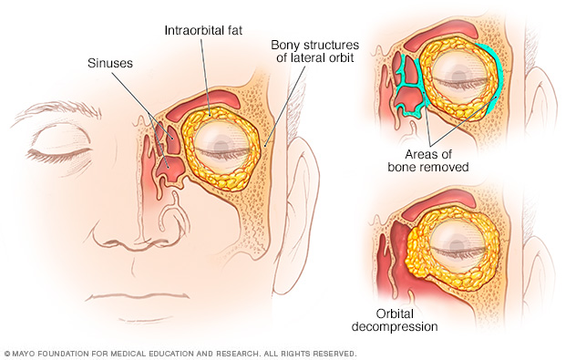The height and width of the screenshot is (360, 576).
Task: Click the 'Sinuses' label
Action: pyautogui.click(x=110, y=63)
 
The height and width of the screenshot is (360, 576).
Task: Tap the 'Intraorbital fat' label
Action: pyautogui.click(x=203, y=30)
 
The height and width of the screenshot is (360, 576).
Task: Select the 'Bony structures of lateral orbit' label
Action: pyautogui.click(x=314, y=51)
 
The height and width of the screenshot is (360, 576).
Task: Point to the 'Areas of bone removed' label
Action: pyautogui.click(x=428, y=160)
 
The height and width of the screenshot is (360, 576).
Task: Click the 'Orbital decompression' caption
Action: pyautogui.click(x=395, y=320)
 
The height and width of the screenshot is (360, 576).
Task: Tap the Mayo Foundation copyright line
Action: pyautogui.click(x=180, y=354)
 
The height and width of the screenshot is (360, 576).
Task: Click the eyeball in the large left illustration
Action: pyautogui.click(x=222, y=148)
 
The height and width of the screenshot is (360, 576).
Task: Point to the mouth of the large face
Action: pyautogui.click(x=139, y=297)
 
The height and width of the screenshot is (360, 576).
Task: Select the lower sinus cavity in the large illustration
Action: pyautogui.click(x=170, y=170)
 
